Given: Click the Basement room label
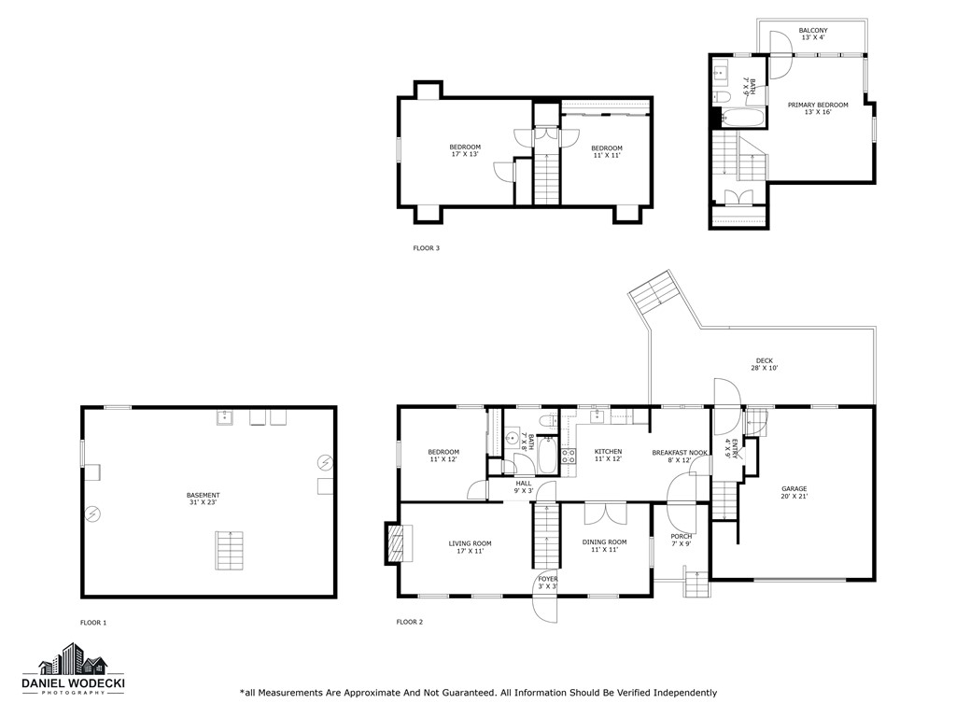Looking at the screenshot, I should tap(203, 499).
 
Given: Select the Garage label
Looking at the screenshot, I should tap(794, 492).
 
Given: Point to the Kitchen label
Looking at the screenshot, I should tap(608, 455).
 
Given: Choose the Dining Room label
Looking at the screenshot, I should tap(604, 545).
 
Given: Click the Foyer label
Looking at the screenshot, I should tap(547, 583).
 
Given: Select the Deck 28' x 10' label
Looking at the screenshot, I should tap(764, 364).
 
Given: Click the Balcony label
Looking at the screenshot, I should tap(812, 35).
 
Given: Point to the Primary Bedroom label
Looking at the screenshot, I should tap(818, 108).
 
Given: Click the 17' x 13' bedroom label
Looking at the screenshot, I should tap(465, 150).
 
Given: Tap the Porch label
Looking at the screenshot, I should tap(682, 540).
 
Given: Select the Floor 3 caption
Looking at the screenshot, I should tap(426, 248).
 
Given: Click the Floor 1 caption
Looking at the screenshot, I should tap(93, 622).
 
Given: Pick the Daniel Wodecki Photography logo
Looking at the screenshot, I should tap(74, 672).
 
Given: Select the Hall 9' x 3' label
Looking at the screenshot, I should tap(523, 486).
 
